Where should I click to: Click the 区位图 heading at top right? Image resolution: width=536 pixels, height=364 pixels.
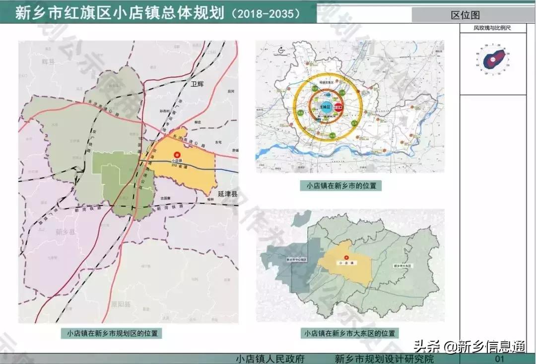pyautogui.click(x=465, y=15)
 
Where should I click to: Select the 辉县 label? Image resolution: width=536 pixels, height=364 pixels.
pyautogui.click(x=48, y=61)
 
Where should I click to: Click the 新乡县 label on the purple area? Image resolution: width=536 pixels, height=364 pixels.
pyautogui.click(x=65, y=232)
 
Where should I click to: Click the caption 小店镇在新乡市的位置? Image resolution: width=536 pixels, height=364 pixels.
pyautogui.click(x=341, y=186)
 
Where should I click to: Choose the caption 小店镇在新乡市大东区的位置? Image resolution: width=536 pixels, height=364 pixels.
pyautogui.click(x=350, y=333)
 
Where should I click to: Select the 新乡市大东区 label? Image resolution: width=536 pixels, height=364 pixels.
pyautogui.click(x=402, y=266)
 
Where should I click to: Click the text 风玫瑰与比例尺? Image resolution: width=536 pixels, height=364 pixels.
pyautogui.click(x=492, y=28)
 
